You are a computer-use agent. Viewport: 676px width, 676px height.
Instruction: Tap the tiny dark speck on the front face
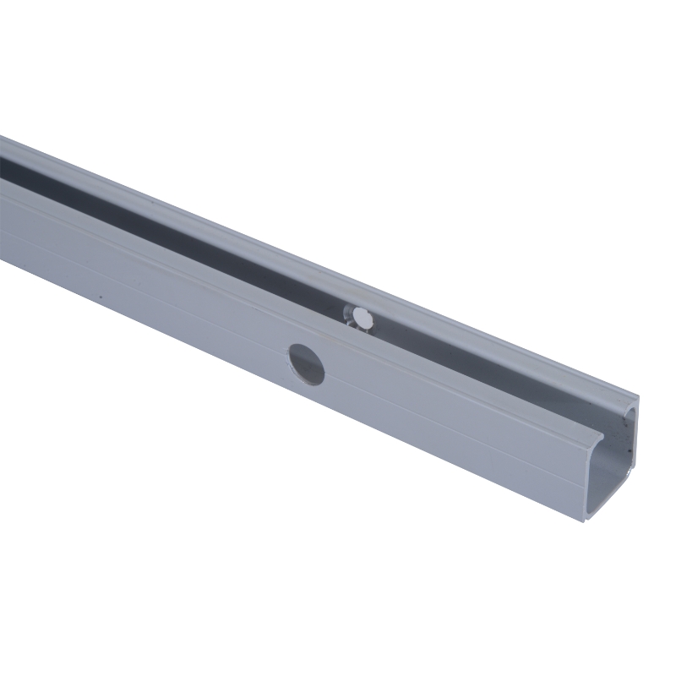click(100, 297)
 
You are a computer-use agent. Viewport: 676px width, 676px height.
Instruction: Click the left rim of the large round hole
click(292, 362)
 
